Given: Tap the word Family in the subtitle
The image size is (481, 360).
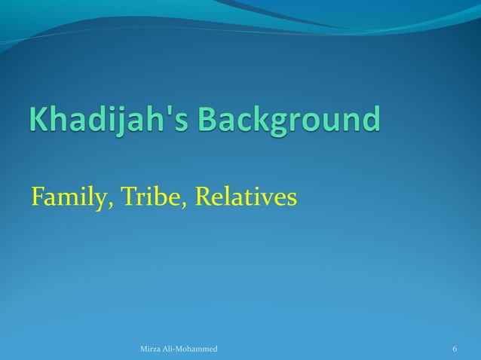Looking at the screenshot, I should (68, 197).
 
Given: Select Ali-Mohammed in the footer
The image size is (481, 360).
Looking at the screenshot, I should (192, 349).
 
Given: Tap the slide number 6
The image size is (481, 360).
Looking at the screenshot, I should (455, 349).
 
